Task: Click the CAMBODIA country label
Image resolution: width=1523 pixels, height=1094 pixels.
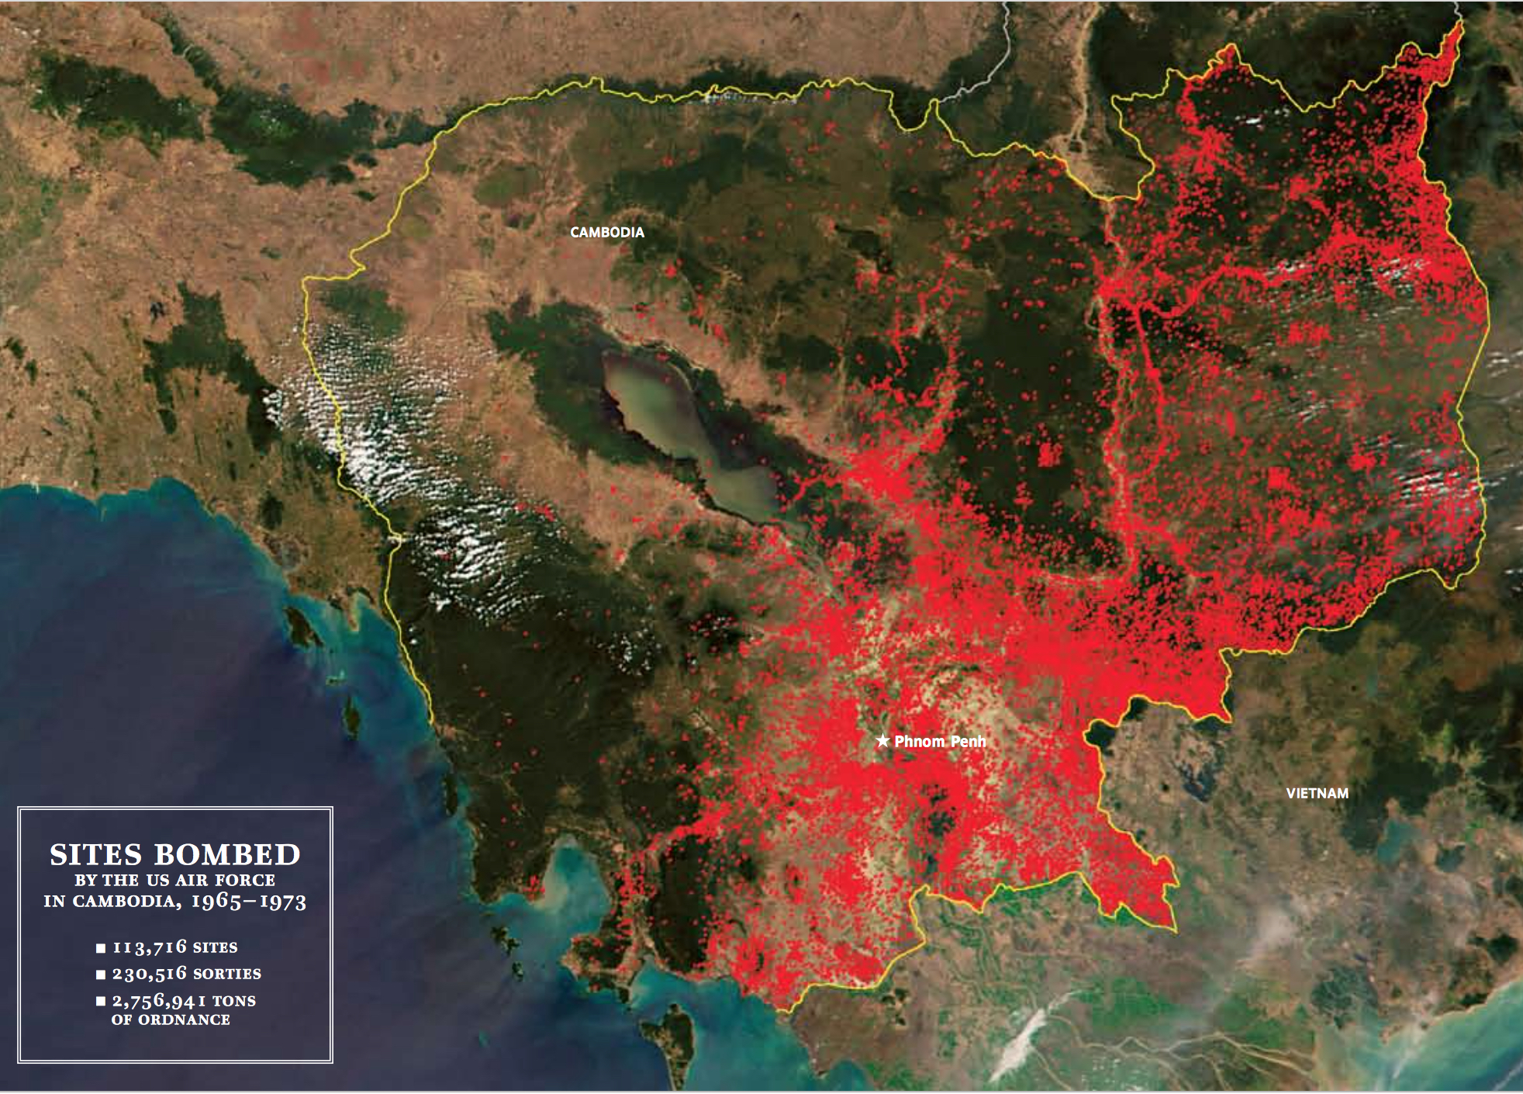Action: (607, 232)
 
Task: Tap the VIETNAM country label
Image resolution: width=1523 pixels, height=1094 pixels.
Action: (1317, 793)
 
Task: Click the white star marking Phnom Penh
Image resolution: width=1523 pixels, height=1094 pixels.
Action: (882, 740)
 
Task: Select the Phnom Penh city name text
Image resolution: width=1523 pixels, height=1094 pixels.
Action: (940, 741)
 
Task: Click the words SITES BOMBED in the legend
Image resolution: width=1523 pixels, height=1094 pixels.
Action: (175, 854)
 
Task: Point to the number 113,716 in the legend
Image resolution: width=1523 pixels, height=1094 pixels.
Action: (150, 947)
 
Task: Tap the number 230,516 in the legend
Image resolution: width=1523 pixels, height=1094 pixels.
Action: (150, 973)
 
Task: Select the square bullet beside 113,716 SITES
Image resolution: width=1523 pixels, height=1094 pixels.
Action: (101, 948)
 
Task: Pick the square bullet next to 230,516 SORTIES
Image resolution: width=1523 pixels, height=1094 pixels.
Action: (101, 975)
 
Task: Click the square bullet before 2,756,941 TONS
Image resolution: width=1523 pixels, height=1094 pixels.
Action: (101, 1001)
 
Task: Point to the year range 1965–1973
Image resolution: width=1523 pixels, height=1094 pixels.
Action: (249, 901)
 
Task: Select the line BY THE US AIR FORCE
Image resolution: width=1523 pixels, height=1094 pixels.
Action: (175, 880)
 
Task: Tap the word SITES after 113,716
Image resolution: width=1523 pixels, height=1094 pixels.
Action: (215, 947)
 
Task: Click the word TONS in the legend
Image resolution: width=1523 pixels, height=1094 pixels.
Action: (234, 1001)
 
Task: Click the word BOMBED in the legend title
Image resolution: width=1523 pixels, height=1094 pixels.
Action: (227, 854)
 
